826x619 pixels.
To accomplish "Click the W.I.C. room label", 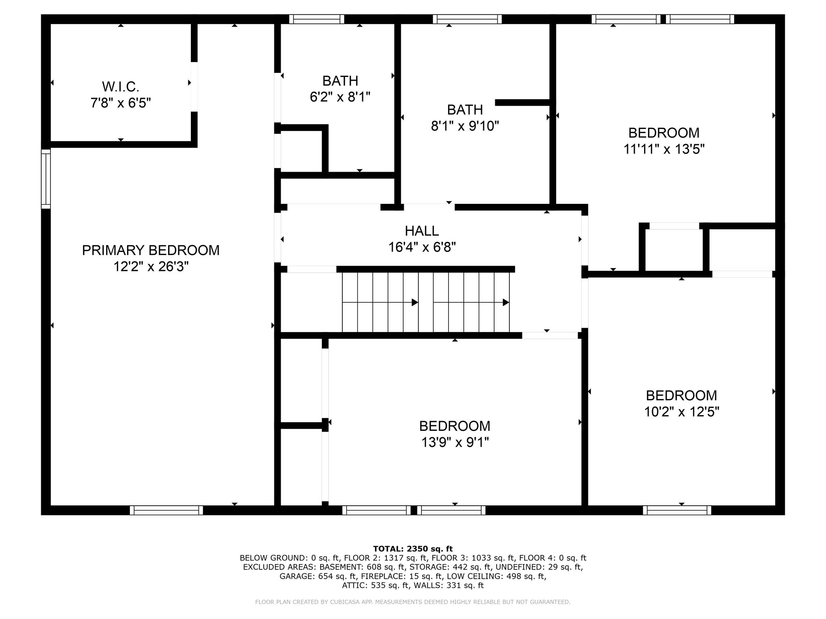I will (121, 86).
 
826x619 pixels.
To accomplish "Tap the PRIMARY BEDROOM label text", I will (151, 250).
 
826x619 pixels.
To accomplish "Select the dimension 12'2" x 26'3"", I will (151, 267).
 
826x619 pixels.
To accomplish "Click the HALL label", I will (421, 231).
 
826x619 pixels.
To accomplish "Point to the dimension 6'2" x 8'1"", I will (340, 97).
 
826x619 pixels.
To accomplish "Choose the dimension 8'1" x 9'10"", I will (465, 126).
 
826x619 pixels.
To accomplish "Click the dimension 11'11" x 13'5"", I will (664, 150).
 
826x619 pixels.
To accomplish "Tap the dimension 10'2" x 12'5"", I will (682, 412).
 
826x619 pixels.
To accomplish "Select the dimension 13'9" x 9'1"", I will (455, 442).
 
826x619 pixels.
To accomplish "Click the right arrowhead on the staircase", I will (506, 302).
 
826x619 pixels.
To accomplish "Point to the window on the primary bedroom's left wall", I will (46, 179).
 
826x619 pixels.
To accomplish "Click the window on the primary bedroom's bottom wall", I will (167, 510).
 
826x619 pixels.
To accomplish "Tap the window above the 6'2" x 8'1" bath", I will (317, 19).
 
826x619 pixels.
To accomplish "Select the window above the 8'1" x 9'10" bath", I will (467, 19).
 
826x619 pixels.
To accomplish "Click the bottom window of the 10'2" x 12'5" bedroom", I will (677, 510).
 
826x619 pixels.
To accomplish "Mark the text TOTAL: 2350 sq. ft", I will (413, 549).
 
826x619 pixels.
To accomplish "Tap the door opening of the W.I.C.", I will (194, 87).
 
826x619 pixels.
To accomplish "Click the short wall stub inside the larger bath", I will (522, 102).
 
